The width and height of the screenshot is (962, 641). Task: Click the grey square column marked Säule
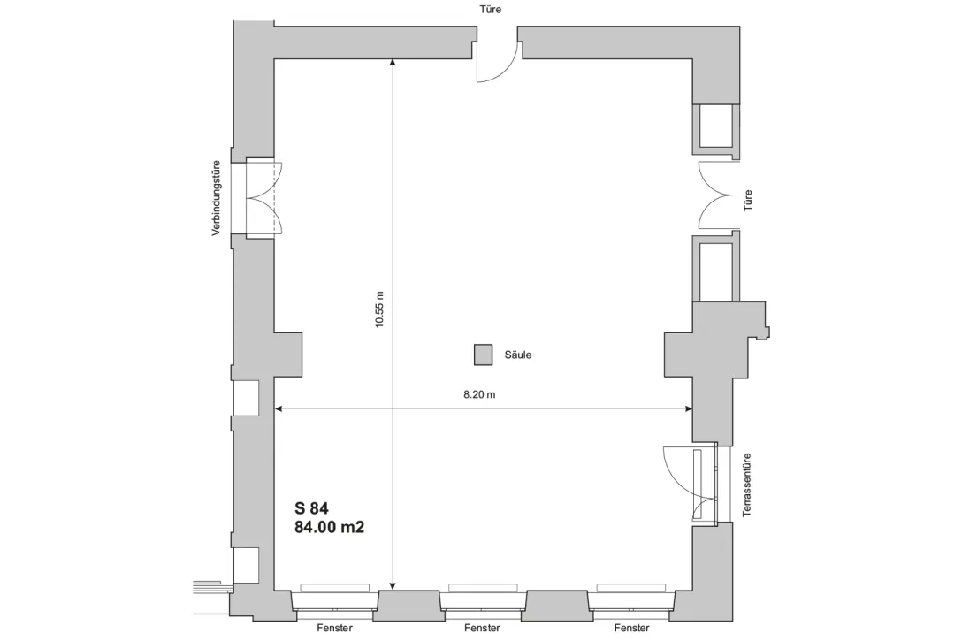click(483, 355)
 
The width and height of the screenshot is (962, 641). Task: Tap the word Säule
click(517, 355)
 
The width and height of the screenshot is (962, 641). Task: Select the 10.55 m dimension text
click(380, 309)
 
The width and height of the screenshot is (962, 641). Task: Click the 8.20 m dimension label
click(479, 395)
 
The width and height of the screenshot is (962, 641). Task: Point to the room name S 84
click(311, 508)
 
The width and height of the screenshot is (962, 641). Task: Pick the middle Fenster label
click(482, 629)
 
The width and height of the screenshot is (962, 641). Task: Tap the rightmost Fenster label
click(630, 629)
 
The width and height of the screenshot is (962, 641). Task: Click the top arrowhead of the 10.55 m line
click(393, 63)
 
